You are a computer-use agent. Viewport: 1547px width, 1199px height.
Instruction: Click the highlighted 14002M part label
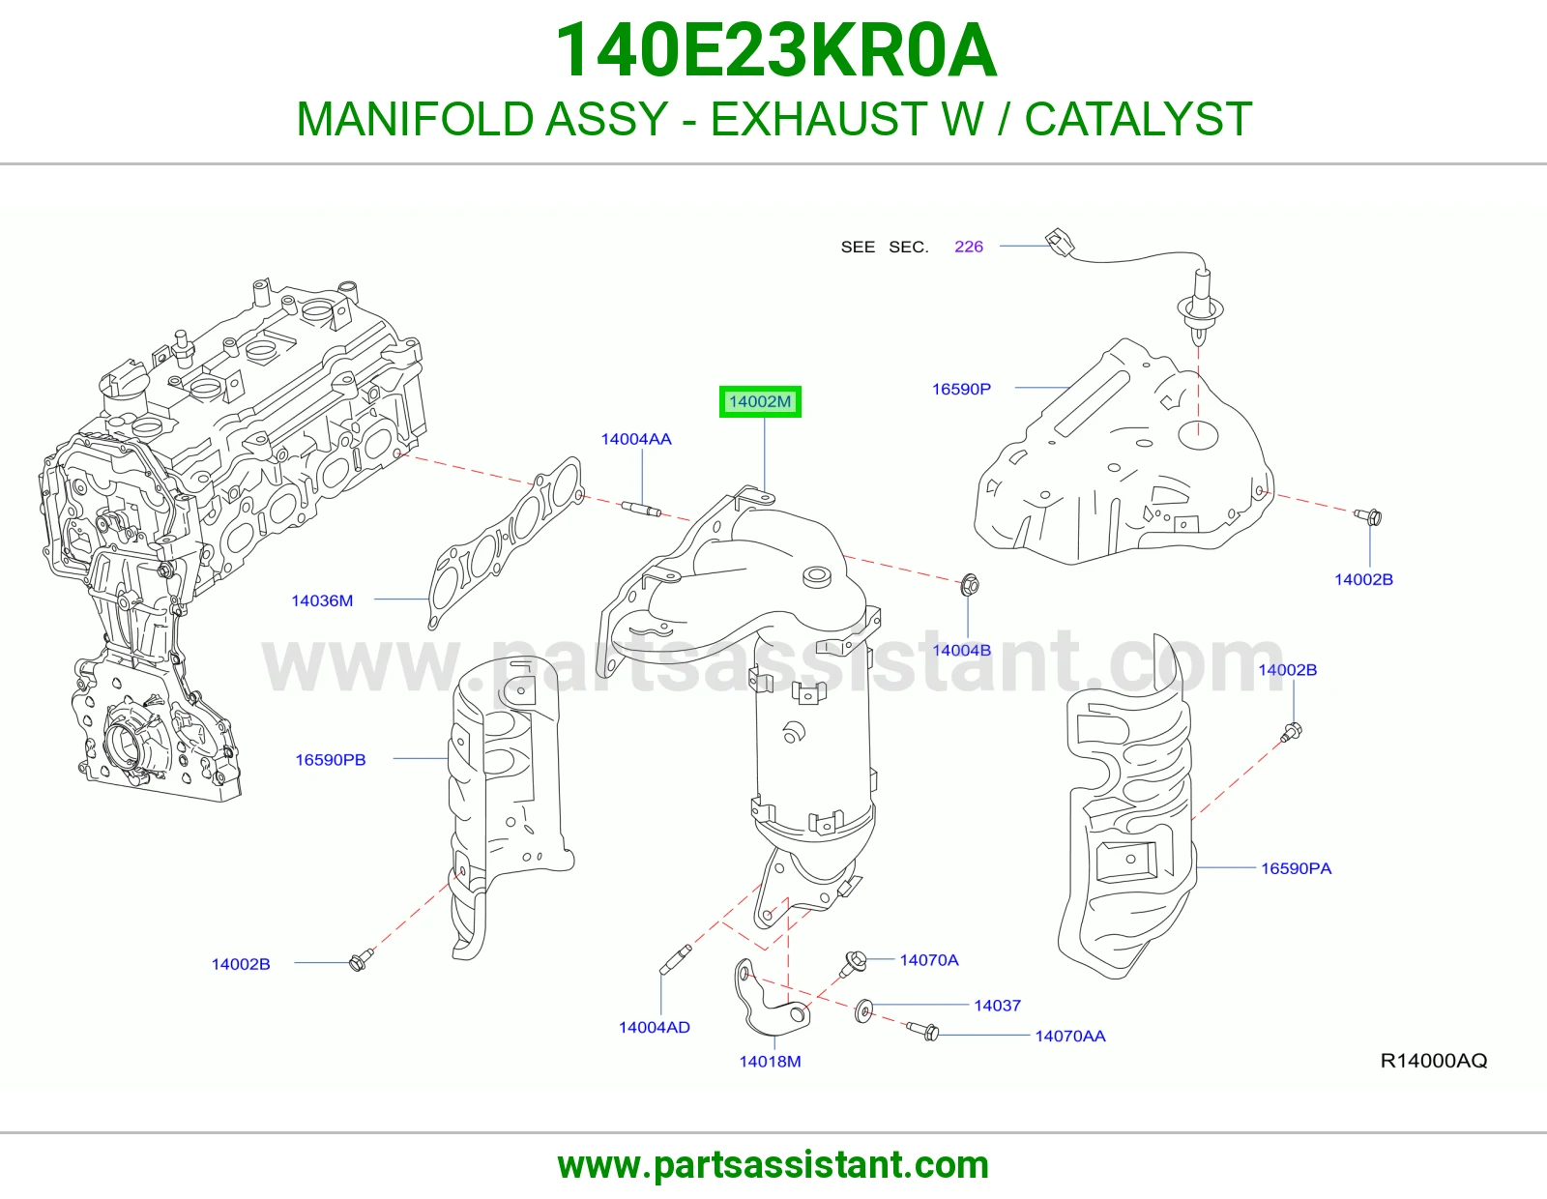760,401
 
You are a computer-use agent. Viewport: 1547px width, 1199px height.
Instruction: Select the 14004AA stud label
636,439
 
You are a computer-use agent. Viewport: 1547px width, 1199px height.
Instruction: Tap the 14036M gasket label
322,600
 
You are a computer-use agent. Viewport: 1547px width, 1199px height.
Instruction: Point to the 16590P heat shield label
961,389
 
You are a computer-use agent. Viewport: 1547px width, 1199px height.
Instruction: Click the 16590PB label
331,760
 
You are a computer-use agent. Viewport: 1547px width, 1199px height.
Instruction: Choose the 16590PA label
1296,868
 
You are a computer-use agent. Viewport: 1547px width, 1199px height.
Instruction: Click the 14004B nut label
961,650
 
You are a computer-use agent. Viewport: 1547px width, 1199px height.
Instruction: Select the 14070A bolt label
929,960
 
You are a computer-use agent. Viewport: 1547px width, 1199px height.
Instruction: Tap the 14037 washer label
997,1006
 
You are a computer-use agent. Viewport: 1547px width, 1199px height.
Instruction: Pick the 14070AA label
1070,1036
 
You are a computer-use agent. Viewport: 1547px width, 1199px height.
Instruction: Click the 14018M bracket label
770,1062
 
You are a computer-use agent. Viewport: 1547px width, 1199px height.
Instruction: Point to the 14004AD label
655,1028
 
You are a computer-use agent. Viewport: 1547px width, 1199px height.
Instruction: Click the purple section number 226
968,247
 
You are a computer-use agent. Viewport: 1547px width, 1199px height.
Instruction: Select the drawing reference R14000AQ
1433,1061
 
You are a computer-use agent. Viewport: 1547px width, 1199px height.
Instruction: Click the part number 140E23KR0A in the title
775,50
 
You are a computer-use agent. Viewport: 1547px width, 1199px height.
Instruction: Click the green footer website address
773,1165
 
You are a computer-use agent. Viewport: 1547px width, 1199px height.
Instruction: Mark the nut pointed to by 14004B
969,585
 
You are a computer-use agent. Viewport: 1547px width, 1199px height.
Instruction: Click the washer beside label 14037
862,1010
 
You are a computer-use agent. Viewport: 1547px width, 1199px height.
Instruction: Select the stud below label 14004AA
641,509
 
